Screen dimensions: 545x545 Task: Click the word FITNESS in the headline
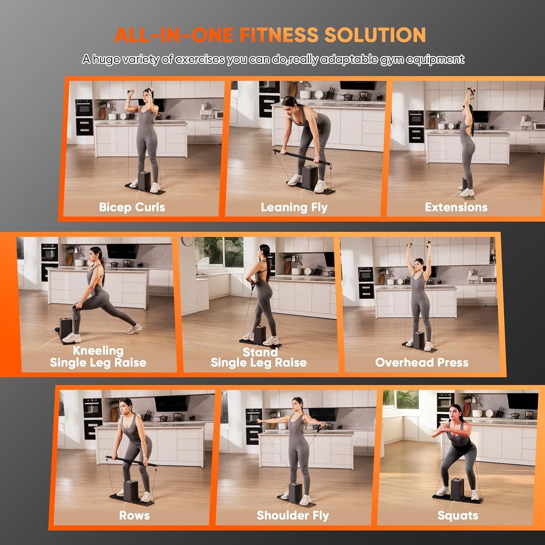pos(279,35)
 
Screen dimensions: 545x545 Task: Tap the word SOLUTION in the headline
pos(375,35)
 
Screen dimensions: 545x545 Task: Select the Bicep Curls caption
pos(132,207)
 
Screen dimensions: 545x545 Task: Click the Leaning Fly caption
pos(294,207)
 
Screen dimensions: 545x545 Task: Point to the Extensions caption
pos(456,207)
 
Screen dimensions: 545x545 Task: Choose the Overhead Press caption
pos(422,362)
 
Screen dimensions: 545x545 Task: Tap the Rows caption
pos(134,515)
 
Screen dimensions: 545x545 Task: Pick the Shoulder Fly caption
pos(293,515)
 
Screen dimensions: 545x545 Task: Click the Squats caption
pos(457,515)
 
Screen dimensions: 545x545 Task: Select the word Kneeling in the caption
pos(98,350)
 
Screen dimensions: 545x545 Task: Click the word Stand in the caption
pos(260,352)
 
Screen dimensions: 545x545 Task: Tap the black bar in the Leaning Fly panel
pos(301,157)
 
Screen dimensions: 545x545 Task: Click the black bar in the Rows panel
pos(131,461)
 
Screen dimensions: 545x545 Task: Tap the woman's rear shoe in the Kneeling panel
pos(134,329)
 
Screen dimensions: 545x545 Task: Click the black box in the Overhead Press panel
pos(419,339)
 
